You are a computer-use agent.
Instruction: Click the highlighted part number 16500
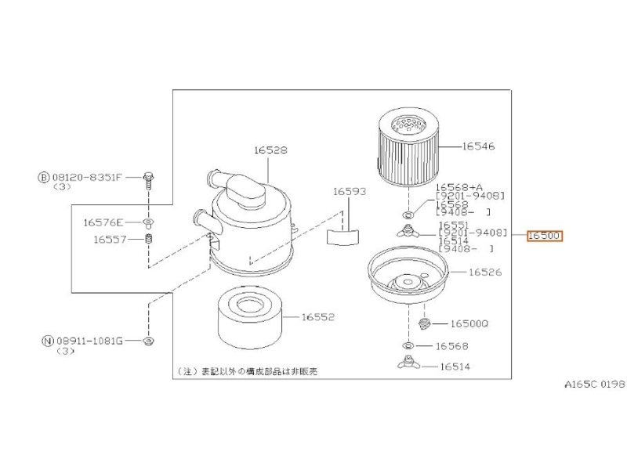click(x=544, y=236)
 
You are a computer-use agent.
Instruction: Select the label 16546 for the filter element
click(x=478, y=146)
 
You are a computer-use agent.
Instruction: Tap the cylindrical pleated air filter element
click(x=408, y=146)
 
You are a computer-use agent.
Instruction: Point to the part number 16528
click(x=270, y=150)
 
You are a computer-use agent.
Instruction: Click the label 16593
click(x=350, y=192)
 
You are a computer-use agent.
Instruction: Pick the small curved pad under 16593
click(x=343, y=237)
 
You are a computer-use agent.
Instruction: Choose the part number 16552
click(x=318, y=317)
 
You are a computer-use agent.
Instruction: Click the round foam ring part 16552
click(x=250, y=317)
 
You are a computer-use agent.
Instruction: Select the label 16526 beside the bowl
click(x=485, y=272)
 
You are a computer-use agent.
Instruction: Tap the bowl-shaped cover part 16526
click(x=408, y=275)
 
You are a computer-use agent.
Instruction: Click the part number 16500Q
click(x=469, y=323)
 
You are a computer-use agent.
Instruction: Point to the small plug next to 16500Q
click(x=424, y=323)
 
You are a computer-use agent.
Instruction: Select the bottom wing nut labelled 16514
click(x=408, y=362)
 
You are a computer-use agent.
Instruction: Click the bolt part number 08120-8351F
click(x=87, y=177)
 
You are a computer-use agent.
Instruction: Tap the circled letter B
click(x=44, y=177)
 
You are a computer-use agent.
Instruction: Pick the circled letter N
click(x=48, y=341)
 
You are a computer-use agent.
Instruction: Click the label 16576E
click(x=103, y=222)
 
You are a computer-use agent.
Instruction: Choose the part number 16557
click(x=110, y=240)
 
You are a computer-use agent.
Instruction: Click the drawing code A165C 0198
click(x=595, y=385)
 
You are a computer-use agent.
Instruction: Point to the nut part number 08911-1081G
click(x=89, y=341)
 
